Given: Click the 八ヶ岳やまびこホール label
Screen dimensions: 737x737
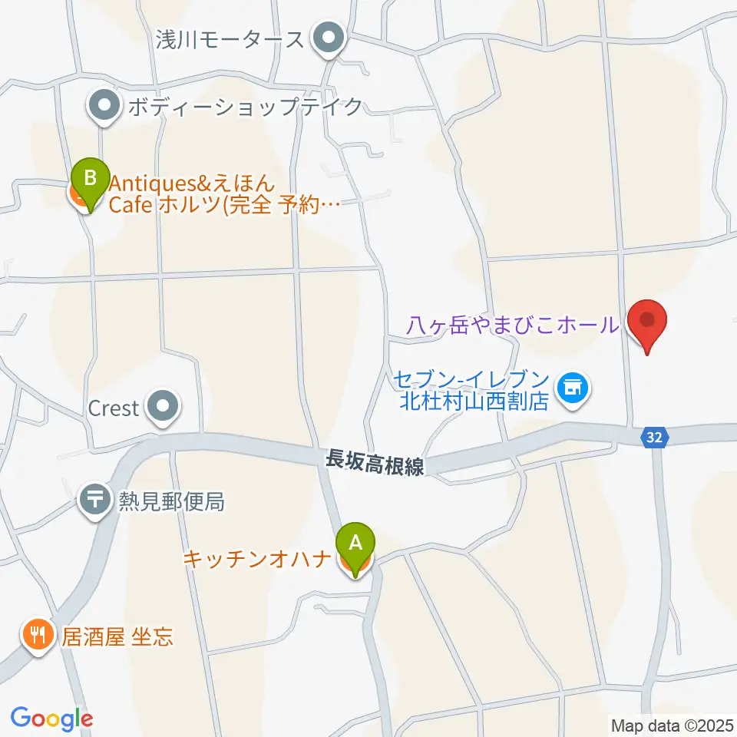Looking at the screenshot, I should [514, 326].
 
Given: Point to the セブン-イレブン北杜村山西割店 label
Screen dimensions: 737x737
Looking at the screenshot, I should [471, 390].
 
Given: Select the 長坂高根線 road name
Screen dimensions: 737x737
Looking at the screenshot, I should [375, 462].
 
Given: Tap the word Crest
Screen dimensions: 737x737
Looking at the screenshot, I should [113, 408].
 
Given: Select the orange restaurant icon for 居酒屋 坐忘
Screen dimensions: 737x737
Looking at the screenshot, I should [37, 636].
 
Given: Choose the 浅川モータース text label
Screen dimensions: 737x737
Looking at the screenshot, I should [230, 38].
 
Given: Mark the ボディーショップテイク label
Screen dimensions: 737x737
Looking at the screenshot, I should [244, 107].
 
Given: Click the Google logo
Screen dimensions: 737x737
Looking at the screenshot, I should [51, 718].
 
